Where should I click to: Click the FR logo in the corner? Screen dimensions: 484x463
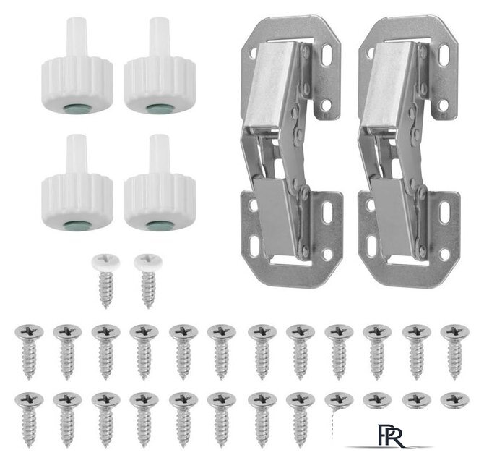point(390,436)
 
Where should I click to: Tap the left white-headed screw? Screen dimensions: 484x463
point(106,281)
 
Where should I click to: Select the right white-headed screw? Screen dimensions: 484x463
point(148,281)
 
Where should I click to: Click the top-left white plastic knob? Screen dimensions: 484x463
point(77,66)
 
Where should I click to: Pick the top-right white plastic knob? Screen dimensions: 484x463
point(160,66)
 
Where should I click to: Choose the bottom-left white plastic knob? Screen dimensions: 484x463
point(77,182)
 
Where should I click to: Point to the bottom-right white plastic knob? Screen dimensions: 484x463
point(160,182)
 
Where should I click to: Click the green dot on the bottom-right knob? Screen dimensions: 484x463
point(160,225)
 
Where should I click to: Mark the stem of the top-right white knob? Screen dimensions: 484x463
point(160,37)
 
